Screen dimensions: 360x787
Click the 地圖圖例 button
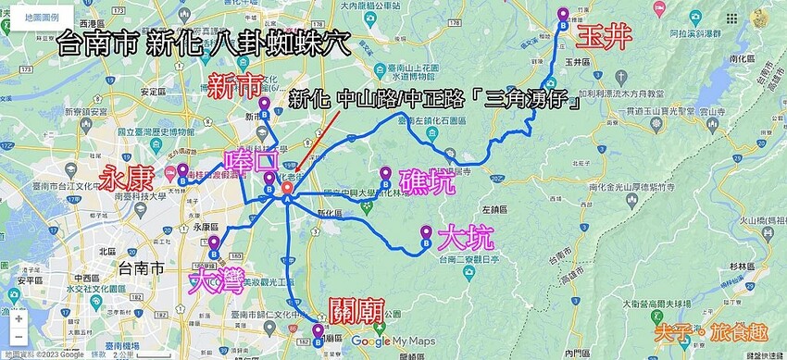(42, 18)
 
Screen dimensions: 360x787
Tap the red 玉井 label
(605, 37)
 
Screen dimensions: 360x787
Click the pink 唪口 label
(250, 162)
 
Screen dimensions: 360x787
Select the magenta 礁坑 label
(427, 180)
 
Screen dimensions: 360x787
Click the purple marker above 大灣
(214, 246)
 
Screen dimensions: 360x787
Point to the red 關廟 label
(356, 310)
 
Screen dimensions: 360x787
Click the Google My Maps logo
(393, 341)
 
